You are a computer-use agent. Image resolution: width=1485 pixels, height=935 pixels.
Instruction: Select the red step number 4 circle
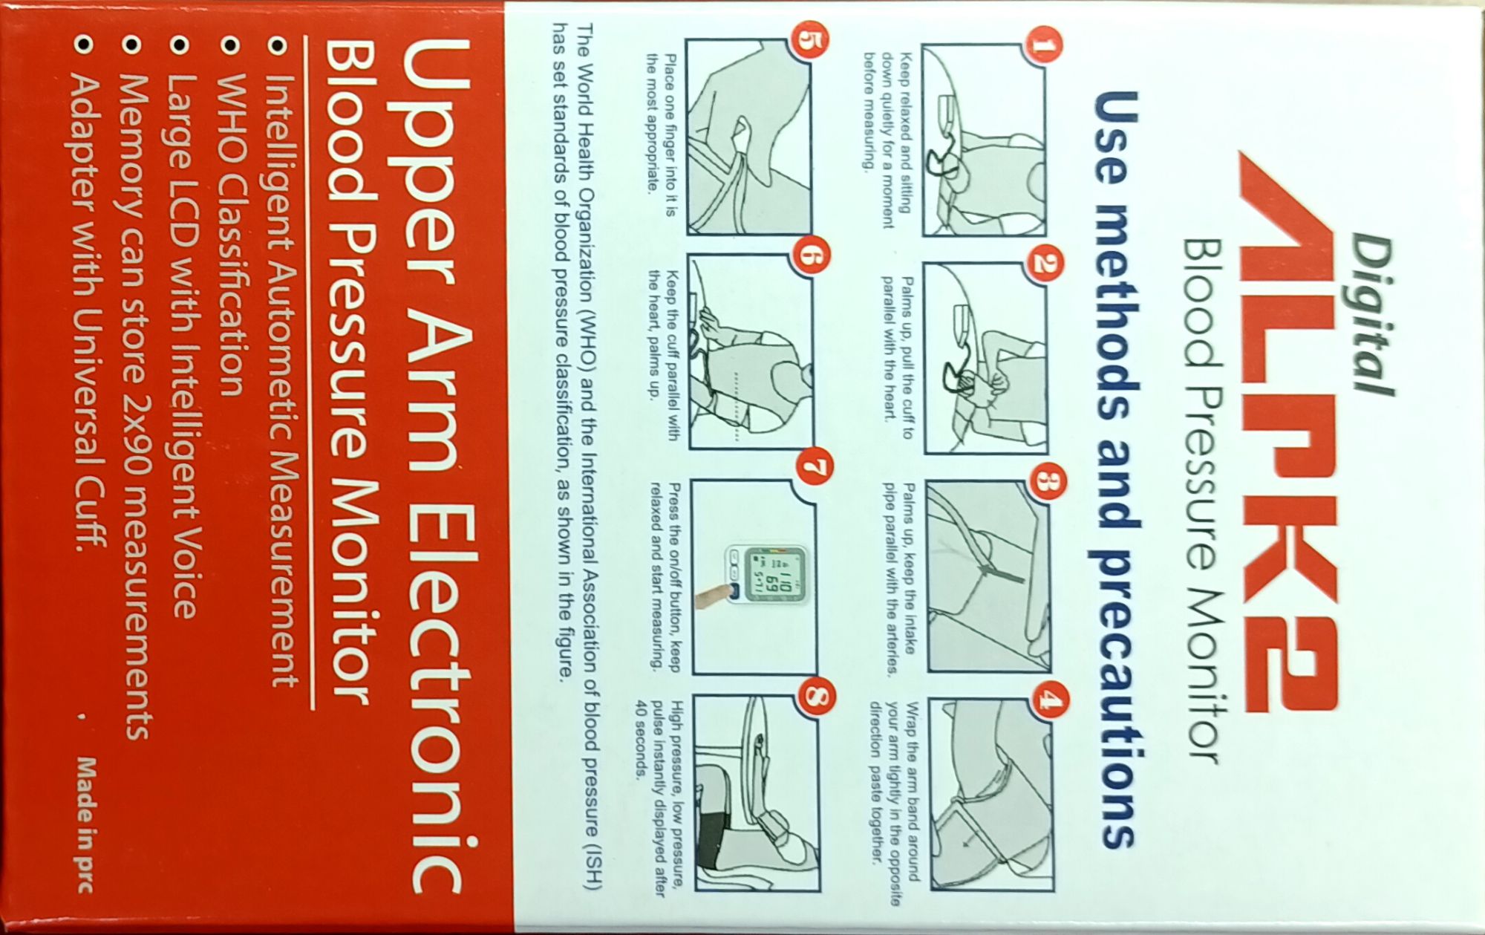tap(1048, 702)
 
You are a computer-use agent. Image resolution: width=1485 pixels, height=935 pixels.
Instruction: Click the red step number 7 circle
tap(814, 468)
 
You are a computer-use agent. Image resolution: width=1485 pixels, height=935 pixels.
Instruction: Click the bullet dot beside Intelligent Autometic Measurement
tap(278, 46)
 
